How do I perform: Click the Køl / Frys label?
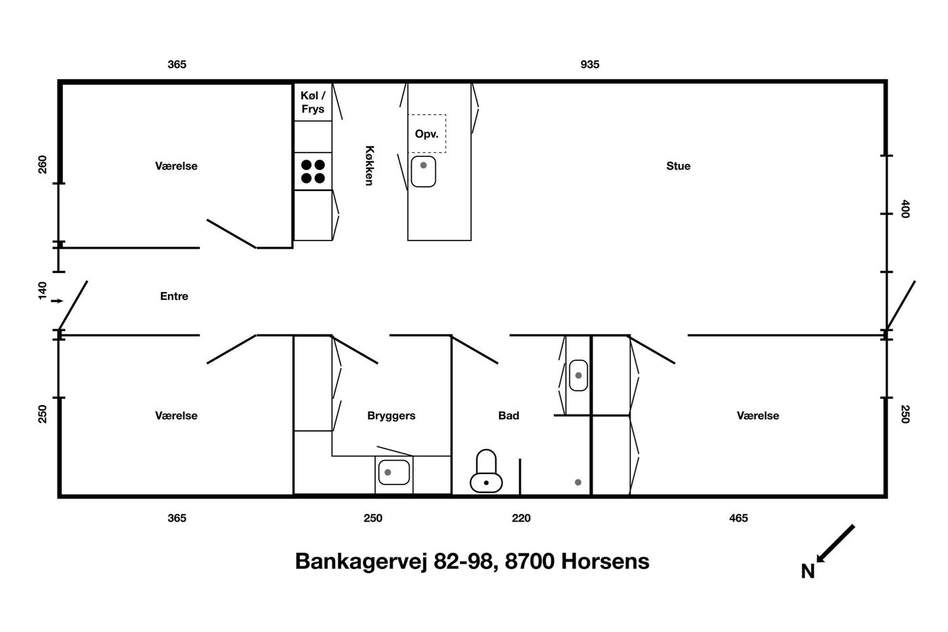[x=313, y=102]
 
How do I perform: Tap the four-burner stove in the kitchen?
[x=313, y=171]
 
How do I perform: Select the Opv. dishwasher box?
[x=427, y=133]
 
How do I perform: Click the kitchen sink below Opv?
[x=423, y=171]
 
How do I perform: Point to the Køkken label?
[x=370, y=165]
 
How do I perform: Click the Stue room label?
[x=678, y=166]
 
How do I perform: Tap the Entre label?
[x=174, y=296]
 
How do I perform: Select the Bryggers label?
[x=391, y=416]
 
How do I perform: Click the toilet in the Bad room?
[x=486, y=471]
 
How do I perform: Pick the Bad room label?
[x=509, y=416]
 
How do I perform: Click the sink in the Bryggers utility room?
[x=393, y=472]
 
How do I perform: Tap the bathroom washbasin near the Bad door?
[x=578, y=375]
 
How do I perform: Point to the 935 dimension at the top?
[x=590, y=64]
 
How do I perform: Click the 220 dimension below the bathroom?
[x=521, y=518]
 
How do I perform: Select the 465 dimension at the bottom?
[x=738, y=518]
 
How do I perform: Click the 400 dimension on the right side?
[x=905, y=209]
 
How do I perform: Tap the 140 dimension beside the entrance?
[x=43, y=291]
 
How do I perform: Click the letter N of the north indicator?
[x=807, y=572]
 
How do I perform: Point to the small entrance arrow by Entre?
[x=57, y=301]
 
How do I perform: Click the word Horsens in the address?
[x=605, y=562]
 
